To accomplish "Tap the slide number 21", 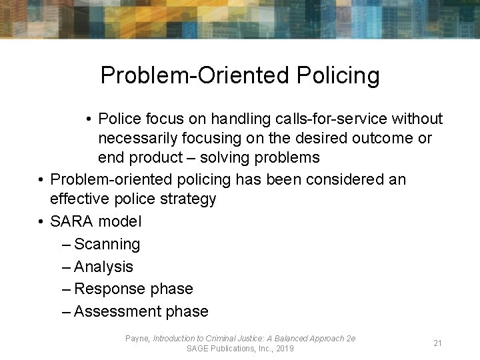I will coord(438,343).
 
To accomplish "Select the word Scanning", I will coord(107,244).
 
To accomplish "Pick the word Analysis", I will coord(103,267).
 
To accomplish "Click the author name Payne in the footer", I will coord(137,339).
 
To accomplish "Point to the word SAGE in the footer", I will coord(199,348).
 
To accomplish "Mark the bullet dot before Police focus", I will coord(89,119).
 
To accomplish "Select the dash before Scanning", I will coord(65,245).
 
